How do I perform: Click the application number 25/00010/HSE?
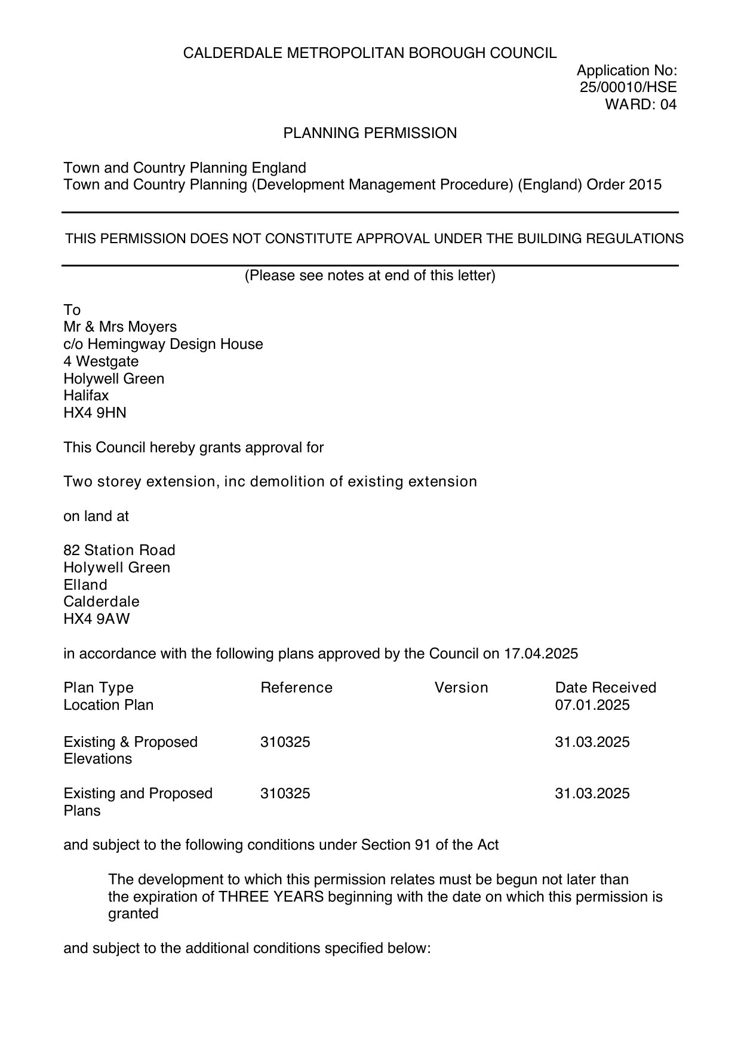click(628, 87)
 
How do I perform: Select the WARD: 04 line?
click(641, 105)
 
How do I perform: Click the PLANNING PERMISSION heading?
click(370, 133)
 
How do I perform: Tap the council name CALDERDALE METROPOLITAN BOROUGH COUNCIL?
click(370, 53)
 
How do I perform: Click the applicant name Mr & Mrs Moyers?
click(120, 327)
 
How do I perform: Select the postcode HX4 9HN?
click(95, 413)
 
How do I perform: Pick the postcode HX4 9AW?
click(96, 619)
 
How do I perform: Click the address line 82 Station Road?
click(119, 550)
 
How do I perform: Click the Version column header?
click(461, 688)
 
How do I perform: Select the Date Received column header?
click(605, 688)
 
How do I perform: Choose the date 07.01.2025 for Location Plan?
click(592, 705)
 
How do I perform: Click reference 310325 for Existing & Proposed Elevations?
click(285, 742)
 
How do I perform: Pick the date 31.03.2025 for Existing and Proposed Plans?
click(592, 793)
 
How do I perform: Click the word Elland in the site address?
click(85, 585)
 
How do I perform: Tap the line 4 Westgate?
click(101, 361)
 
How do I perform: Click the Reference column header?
click(296, 688)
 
